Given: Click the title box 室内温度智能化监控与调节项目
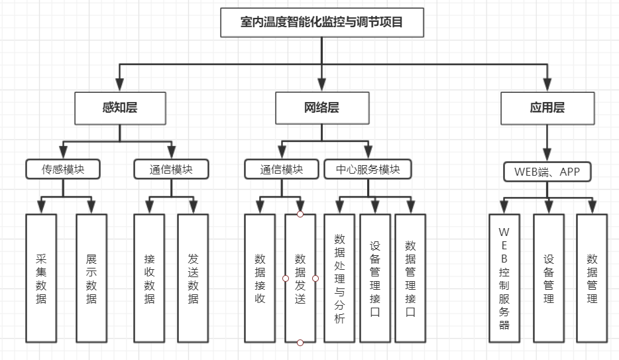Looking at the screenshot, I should [321, 22].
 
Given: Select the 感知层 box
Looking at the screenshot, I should [120, 107].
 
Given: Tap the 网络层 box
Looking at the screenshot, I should [321, 107].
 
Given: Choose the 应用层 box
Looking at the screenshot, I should [547, 107].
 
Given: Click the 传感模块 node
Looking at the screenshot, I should [63, 169].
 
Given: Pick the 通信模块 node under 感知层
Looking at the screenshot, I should [171, 169].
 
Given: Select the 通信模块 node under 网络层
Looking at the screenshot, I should [282, 169].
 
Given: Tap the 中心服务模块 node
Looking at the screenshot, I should [367, 169].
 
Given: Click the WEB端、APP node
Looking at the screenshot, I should [547, 172].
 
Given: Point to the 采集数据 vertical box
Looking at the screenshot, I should [41, 278].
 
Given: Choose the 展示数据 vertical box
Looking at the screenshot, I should [91, 278].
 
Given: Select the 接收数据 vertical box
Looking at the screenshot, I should [149, 278].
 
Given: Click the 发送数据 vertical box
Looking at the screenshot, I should [193, 278].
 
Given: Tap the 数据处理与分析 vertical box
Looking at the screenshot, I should [339, 278].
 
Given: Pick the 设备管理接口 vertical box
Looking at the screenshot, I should [375, 278].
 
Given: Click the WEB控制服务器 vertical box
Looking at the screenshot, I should [504, 278].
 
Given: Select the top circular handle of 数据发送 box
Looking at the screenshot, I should [300, 214].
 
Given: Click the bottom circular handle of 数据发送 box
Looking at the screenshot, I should [300, 342].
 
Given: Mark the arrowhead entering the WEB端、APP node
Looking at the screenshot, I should [547, 154].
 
